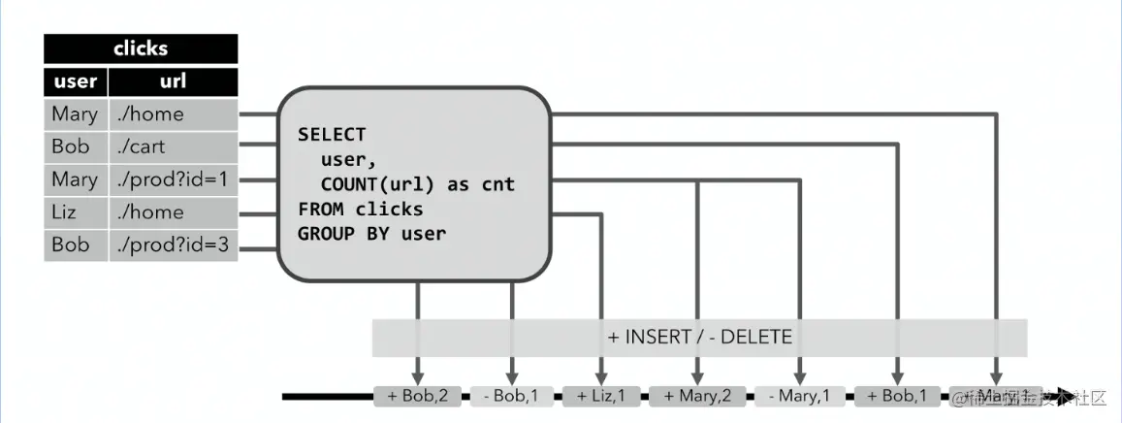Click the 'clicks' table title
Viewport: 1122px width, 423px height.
(x=141, y=49)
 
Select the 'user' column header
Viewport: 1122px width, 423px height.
(x=75, y=81)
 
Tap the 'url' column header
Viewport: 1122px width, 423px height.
(x=172, y=81)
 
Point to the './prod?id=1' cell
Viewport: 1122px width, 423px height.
(x=172, y=179)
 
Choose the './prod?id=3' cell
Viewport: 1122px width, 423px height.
(x=172, y=244)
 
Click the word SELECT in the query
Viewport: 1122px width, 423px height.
(x=332, y=134)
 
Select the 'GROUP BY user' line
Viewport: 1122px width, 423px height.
(x=371, y=234)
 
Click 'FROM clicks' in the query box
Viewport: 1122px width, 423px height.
(x=360, y=209)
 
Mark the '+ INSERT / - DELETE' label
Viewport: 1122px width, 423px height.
(x=699, y=338)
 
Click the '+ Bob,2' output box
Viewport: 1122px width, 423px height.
(x=417, y=396)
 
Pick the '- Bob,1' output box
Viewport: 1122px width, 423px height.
(x=512, y=396)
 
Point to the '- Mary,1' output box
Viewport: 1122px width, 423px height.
(x=800, y=396)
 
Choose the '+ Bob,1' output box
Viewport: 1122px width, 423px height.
(x=898, y=396)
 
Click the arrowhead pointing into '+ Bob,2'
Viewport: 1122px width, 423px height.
(x=418, y=377)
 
